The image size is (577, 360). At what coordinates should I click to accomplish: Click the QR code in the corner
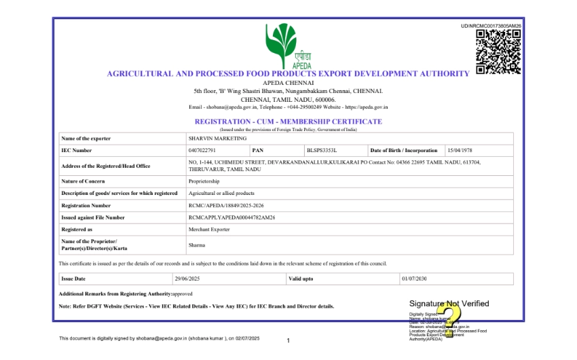pyautogui.click(x=498, y=52)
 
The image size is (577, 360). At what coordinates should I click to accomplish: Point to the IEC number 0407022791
pyautogui.click(x=202, y=150)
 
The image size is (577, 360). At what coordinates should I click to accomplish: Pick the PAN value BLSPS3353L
pyautogui.click(x=322, y=150)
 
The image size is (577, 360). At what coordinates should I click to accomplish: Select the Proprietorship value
pyautogui.click(x=204, y=181)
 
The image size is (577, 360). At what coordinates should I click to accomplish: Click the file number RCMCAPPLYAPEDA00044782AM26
pyautogui.click(x=231, y=217)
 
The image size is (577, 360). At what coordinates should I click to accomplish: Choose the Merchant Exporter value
pyautogui.click(x=209, y=230)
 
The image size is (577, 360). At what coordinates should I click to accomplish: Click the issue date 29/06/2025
pyautogui.click(x=188, y=278)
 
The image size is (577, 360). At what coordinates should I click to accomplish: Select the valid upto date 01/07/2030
pyautogui.click(x=413, y=278)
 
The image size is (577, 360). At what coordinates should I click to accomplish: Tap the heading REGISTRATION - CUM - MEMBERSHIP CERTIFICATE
pyautogui.click(x=288, y=122)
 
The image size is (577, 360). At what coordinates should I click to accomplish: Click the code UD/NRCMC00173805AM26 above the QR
pyautogui.click(x=491, y=26)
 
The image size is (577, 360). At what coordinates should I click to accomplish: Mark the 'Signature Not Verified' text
pyautogui.click(x=449, y=304)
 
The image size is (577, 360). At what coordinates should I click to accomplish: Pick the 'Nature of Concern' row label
pyautogui.click(x=83, y=181)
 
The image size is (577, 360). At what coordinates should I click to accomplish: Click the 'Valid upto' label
pyautogui.click(x=301, y=278)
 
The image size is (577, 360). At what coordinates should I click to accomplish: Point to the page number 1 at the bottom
pyautogui.click(x=288, y=340)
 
